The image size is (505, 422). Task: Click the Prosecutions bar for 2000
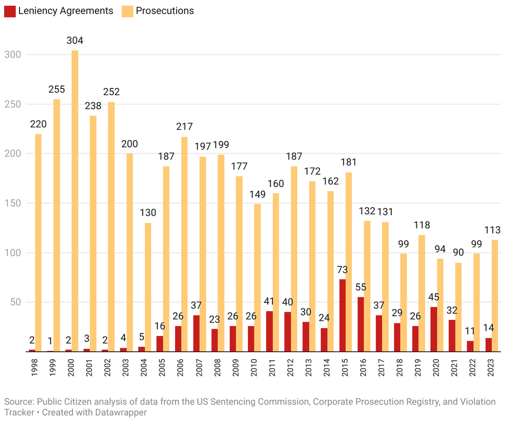(x=75, y=201)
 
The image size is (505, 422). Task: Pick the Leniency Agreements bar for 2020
(x=434, y=329)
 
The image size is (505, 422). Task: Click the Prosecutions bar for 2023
(x=495, y=296)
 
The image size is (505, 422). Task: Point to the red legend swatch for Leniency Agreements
(x=9, y=10)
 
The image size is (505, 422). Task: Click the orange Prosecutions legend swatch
(x=127, y=10)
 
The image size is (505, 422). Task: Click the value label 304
(x=75, y=41)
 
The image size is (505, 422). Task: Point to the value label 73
(x=343, y=269)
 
